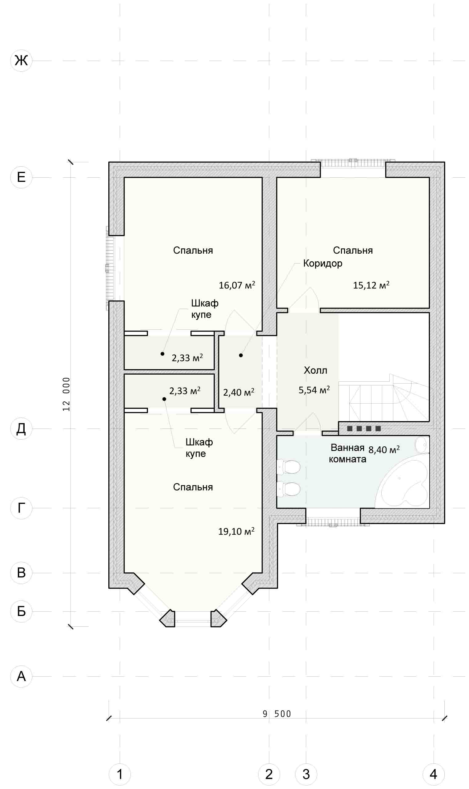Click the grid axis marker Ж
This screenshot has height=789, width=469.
(21, 60)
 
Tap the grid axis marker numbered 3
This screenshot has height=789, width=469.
(306, 774)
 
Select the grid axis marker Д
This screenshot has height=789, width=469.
(21, 429)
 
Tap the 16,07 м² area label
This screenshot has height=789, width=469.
(237, 285)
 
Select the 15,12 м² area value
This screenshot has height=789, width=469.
(371, 285)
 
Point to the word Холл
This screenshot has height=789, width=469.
(315, 370)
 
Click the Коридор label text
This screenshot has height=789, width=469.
(323, 263)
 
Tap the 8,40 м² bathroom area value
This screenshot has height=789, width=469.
(384, 449)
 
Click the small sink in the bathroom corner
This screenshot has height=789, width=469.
(422, 445)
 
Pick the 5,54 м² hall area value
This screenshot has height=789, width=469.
(314, 390)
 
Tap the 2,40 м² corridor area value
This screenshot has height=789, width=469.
(239, 392)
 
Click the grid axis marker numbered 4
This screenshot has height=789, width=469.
(434, 774)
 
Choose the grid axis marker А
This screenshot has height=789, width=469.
(21, 676)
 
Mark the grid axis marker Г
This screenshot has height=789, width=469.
(21, 508)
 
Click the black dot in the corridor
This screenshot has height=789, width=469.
(241, 355)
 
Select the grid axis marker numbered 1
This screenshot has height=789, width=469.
(120, 774)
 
